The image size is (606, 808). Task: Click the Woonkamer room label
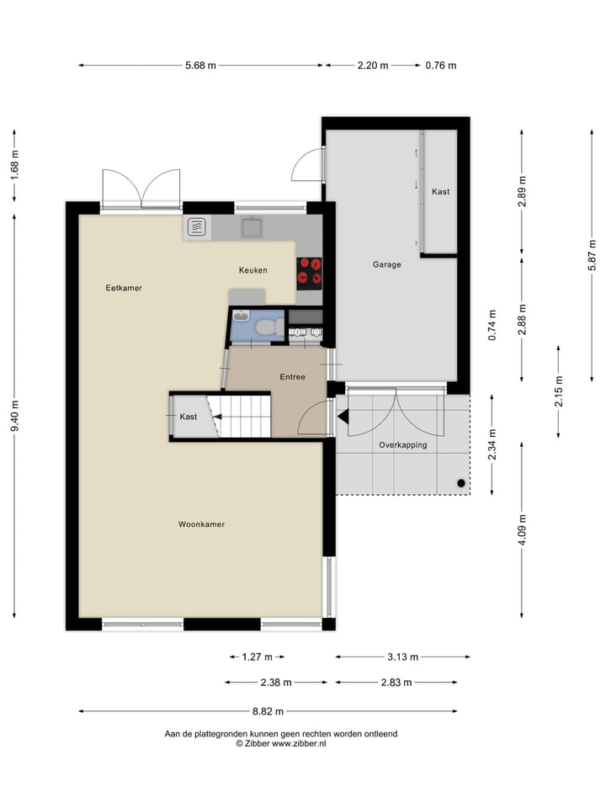[201, 524]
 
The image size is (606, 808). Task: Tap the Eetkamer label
[124, 288]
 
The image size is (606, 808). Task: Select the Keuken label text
[252, 270]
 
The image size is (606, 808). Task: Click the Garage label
[386, 264]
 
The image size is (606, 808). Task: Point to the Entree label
[292, 377]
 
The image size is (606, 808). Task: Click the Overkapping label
[402, 444]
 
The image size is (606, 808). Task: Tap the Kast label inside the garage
[440, 192]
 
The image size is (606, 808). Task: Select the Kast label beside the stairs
[188, 417]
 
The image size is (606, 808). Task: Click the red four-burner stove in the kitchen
[309, 270]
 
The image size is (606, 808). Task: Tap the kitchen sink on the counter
[251, 226]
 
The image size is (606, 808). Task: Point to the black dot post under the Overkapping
[460, 483]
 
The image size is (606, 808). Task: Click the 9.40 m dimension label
[14, 416]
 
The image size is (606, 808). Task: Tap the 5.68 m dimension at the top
[199, 65]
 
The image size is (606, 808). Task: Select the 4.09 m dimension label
[523, 529]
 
